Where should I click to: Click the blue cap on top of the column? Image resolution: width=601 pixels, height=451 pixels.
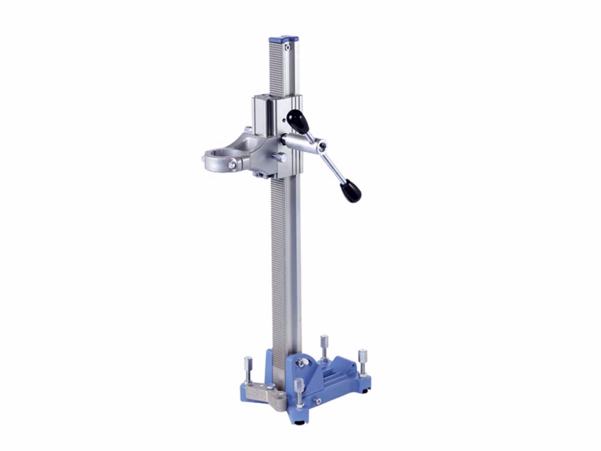coord(284,38)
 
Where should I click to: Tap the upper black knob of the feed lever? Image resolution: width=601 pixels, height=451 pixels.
coord(297,120)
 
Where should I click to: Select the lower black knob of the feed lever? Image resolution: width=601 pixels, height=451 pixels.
coord(350,191)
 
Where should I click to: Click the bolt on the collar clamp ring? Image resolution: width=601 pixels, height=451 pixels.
coord(233,164)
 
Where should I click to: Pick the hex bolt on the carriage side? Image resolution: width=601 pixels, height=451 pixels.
coord(279,157)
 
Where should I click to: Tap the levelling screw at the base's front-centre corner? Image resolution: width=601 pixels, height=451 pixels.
coord(299,389)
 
